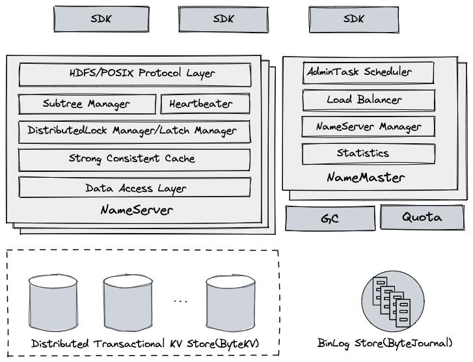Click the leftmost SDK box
tap(101, 19)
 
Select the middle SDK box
tap(223, 19)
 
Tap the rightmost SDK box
tap(354, 19)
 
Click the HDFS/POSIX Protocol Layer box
tap(135, 74)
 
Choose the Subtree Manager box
tap(87, 104)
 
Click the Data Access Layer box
tap(135, 188)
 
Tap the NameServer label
tap(137, 210)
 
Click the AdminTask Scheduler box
tap(368, 72)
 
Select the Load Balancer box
tap(368, 100)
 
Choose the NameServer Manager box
tap(368, 127)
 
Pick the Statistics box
tap(368, 154)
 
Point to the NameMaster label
tap(366, 177)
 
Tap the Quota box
tap(422, 217)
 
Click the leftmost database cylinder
tap(53, 303)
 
